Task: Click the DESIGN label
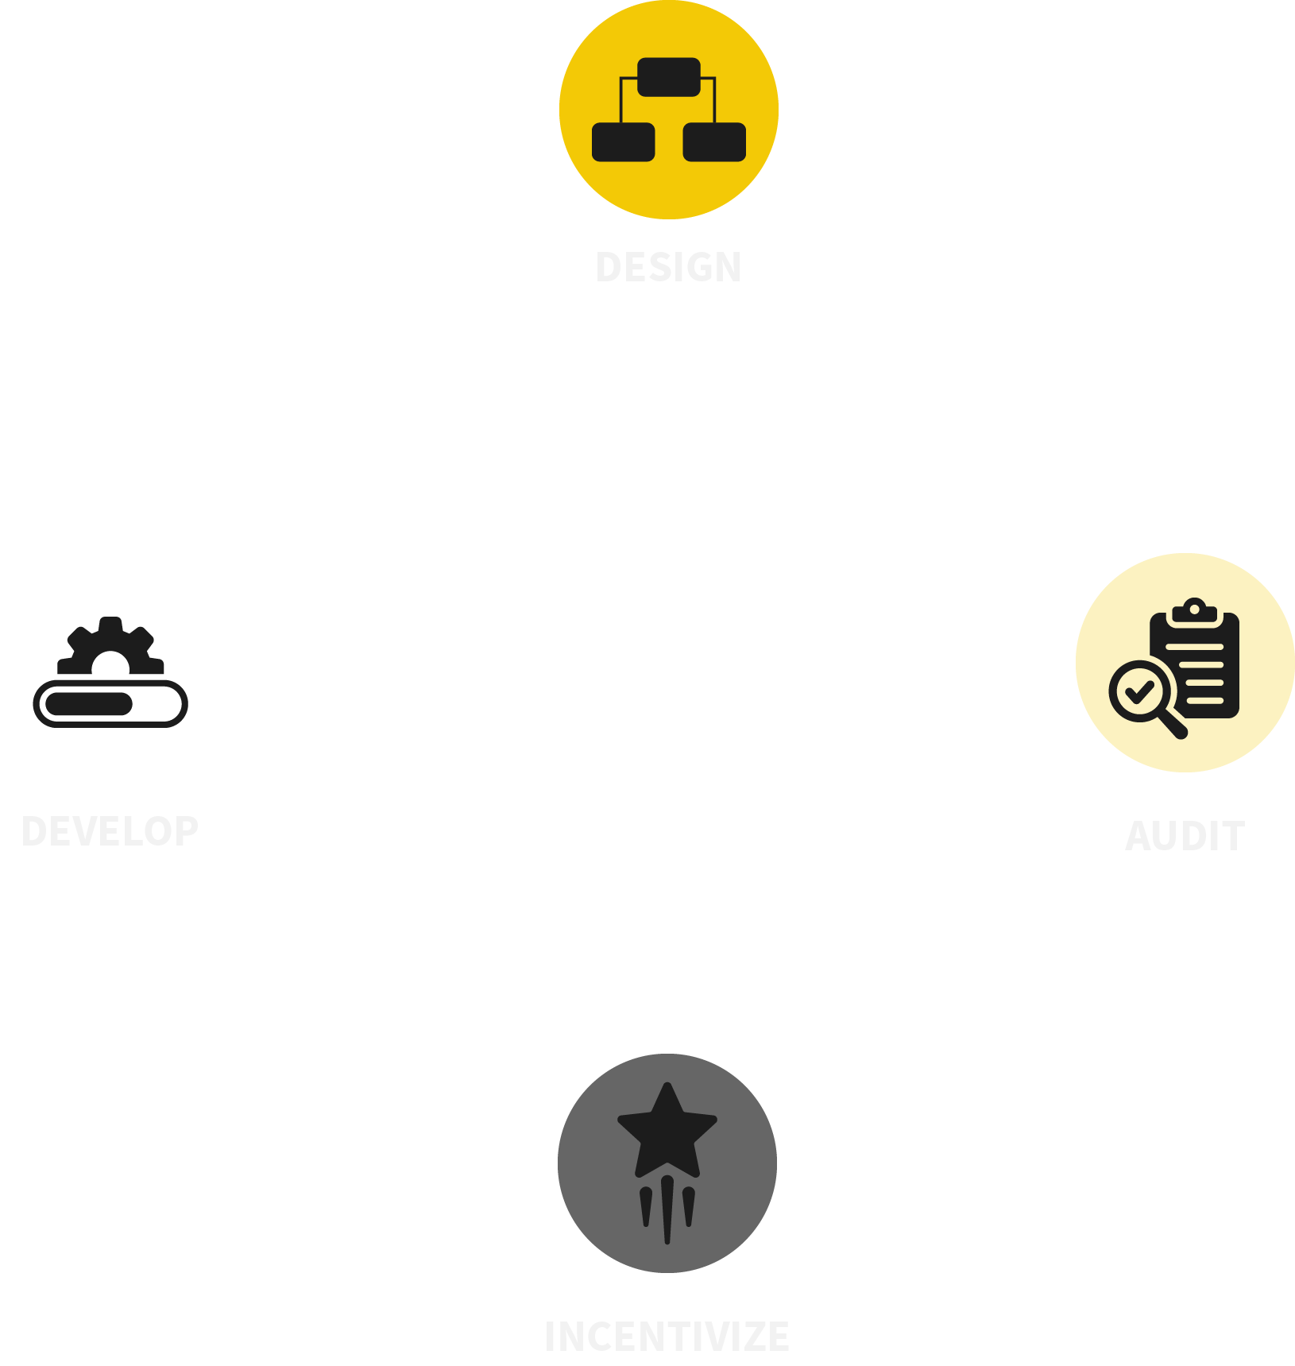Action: (x=668, y=267)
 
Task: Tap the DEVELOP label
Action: (x=110, y=831)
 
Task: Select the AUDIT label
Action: (x=1185, y=836)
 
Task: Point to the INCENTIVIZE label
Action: (x=667, y=1337)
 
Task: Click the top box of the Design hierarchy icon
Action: (x=669, y=77)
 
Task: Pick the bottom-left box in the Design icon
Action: (x=624, y=142)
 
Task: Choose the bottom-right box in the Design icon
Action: (x=714, y=142)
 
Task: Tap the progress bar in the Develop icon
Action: (x=110, y=704)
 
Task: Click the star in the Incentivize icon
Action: (x=667, y=1132)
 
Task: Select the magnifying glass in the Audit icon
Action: (x=1142, y=691)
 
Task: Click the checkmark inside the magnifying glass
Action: (x=1140, y=692)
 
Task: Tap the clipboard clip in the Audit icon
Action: (x=1194, y=610)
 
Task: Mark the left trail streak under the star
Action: (x=646, y=1206)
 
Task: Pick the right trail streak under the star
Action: (x=689, y=1206)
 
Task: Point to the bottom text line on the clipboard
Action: (x=1205, y=701)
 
